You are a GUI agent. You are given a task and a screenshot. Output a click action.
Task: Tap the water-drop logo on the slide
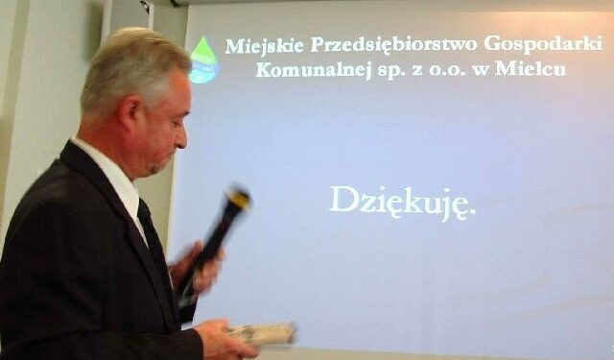click(203, 60)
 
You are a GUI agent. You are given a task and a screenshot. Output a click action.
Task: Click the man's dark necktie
click(153, 240)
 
